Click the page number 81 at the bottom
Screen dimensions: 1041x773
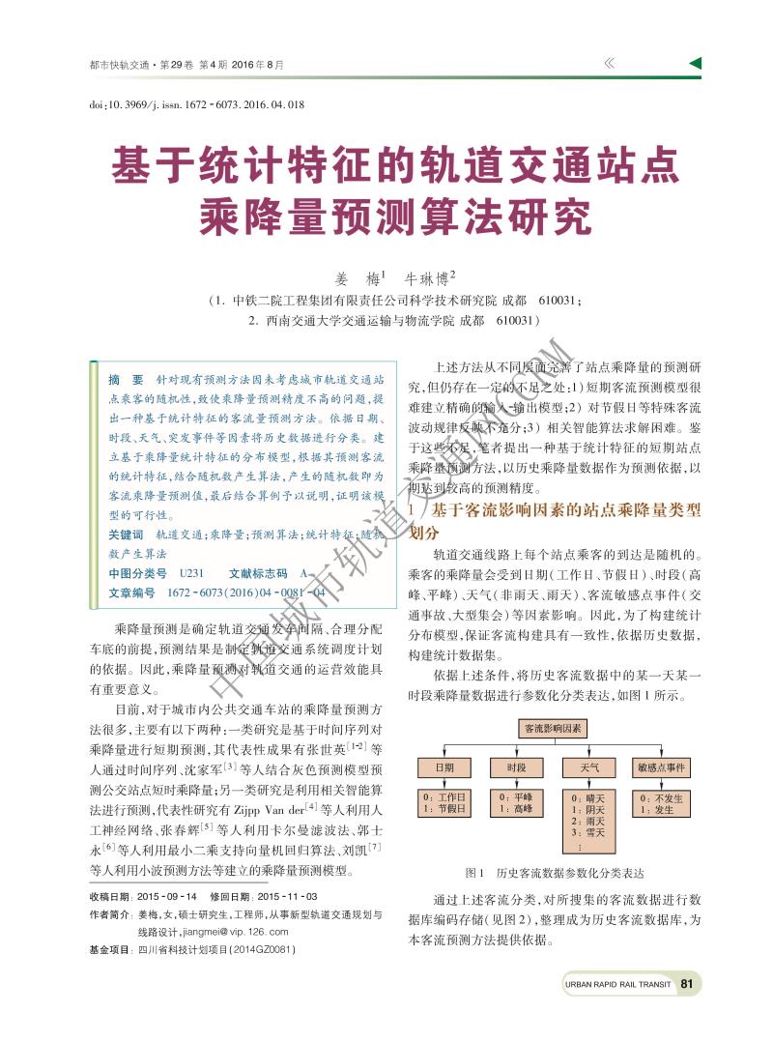point(687,984)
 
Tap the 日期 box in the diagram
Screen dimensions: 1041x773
point(444,767)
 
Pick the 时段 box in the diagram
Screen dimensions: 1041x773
point(517,767)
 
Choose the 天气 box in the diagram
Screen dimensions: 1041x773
point(589,767)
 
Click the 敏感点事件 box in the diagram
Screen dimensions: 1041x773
point(662,767)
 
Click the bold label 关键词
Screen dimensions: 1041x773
point(126,534)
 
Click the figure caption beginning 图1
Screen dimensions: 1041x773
point(554,872)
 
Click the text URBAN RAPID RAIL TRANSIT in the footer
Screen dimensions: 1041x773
point(617,985)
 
